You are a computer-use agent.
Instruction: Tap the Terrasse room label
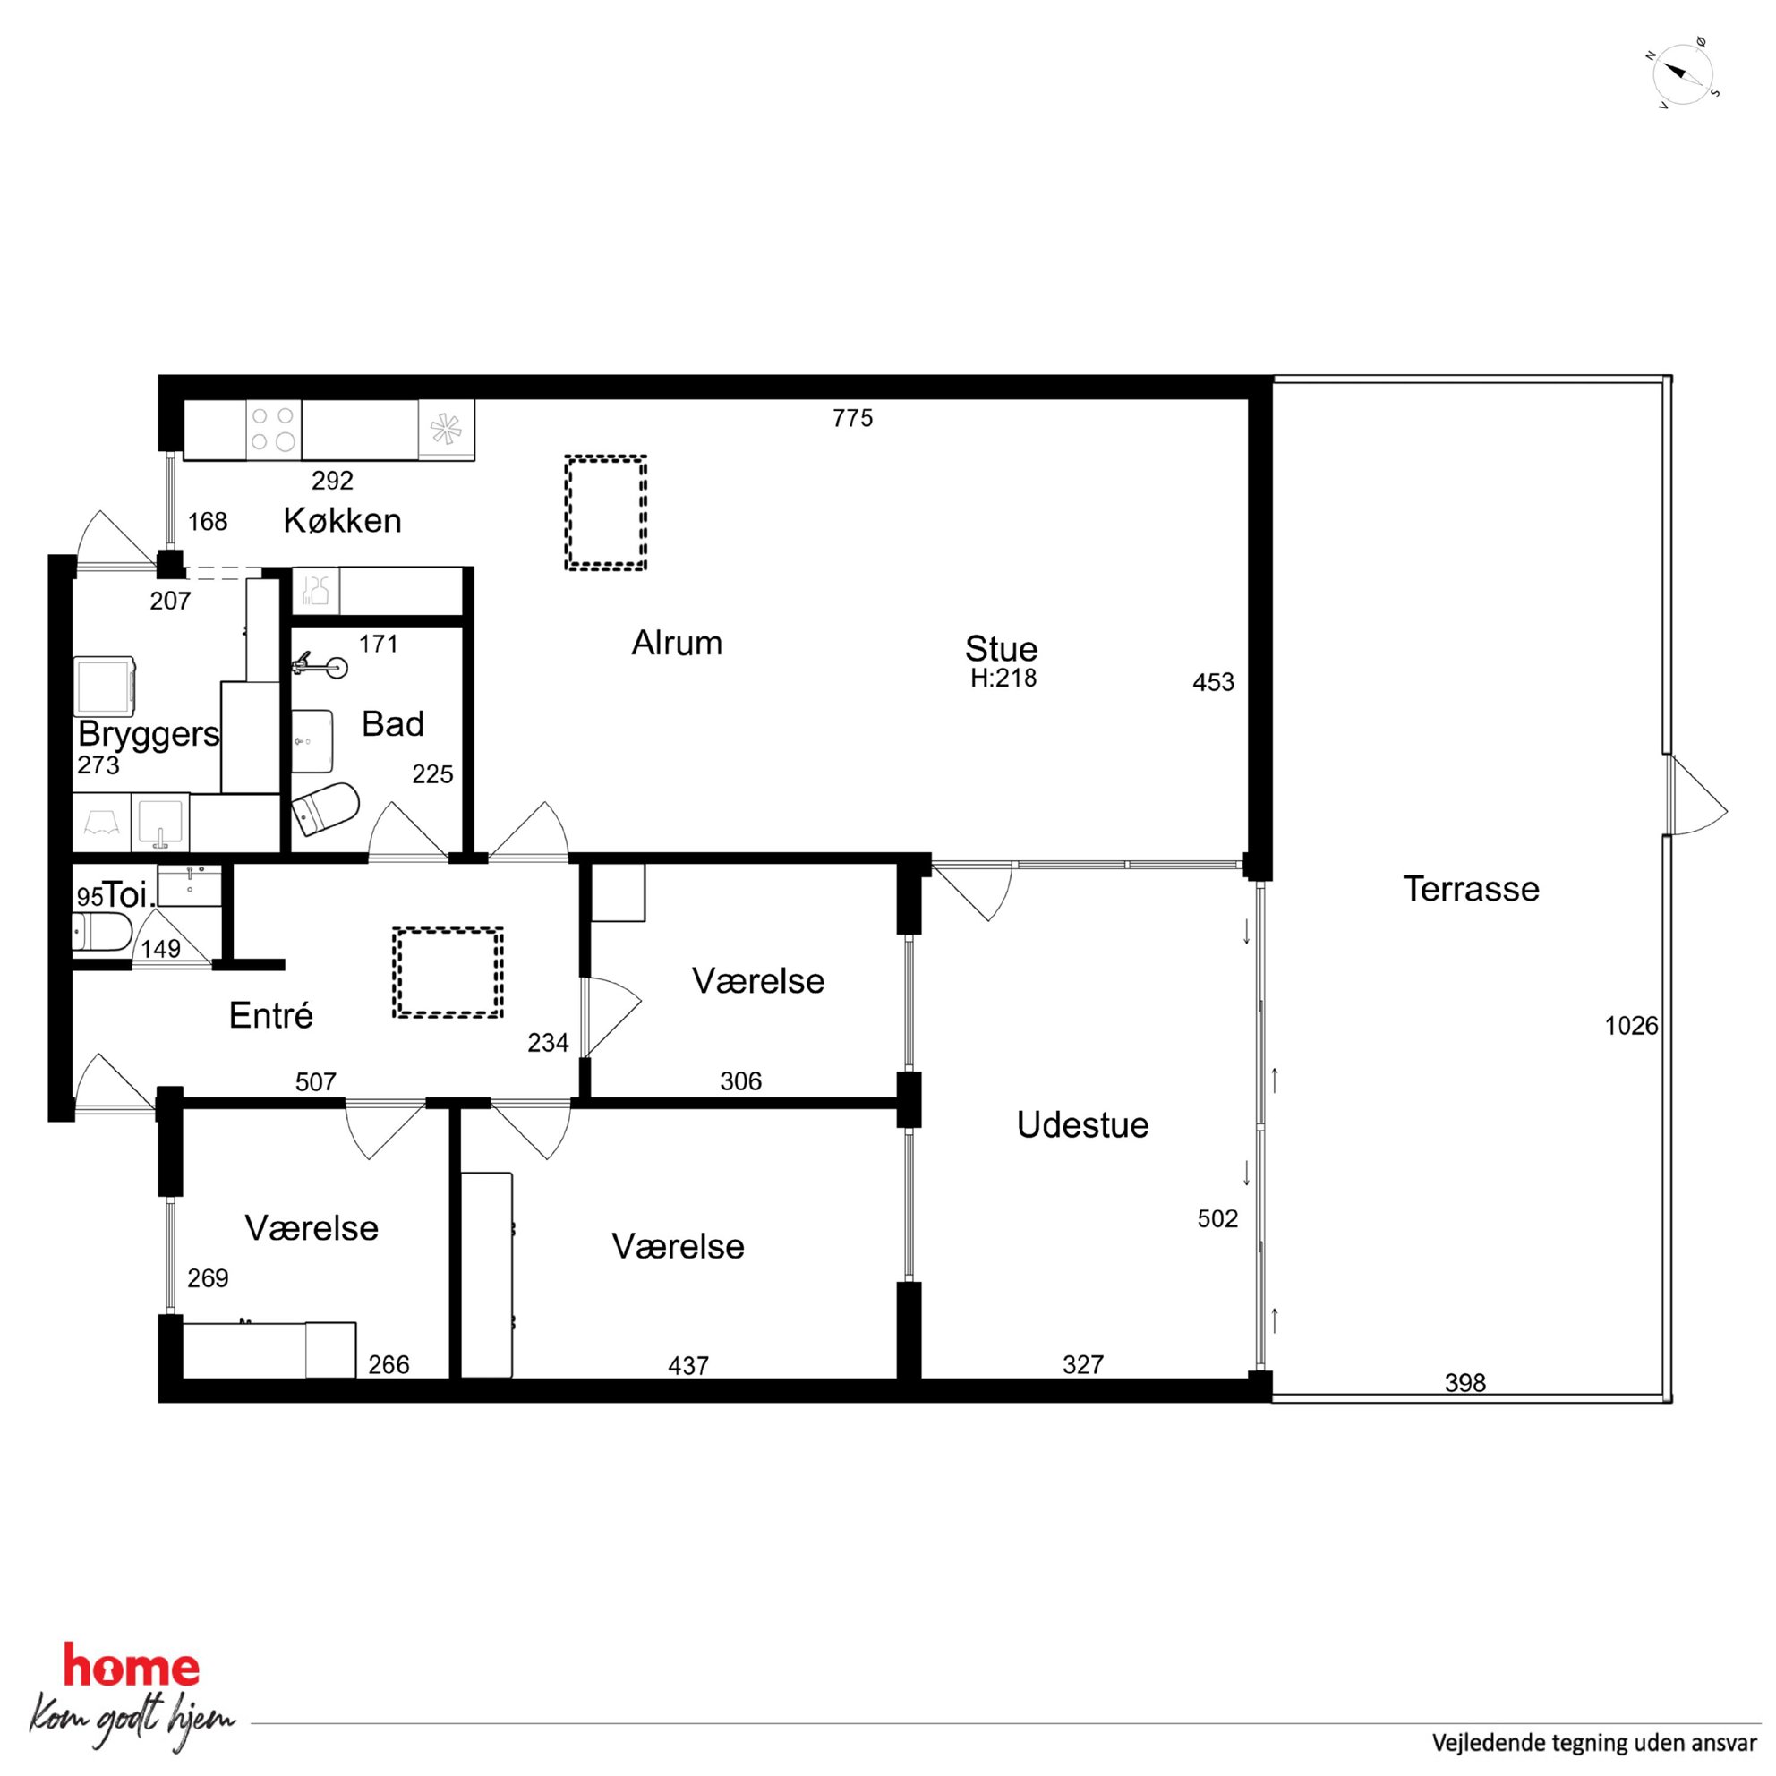(x=1470, y=889)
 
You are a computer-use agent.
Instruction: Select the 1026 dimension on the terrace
(x=1631, y=1025)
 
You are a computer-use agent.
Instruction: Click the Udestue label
(x=1082, y=1125)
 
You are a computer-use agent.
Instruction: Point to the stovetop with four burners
(x=274, y=430)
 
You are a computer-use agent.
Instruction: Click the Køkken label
(x=342, y=520)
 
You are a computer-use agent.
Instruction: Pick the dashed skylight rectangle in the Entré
(x=448, y=971)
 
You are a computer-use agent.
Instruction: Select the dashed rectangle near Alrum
(x=605, y=513)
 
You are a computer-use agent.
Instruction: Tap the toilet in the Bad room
(x=326, y=808)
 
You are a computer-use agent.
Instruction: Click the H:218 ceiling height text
(x=1003, y=679)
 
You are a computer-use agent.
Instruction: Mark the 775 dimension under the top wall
(x=852, y=418)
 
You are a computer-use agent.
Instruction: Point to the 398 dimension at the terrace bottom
(x=1464, y=1382)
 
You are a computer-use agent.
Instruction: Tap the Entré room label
(x=270, y=1016)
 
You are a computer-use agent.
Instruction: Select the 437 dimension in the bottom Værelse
(x=687, y=1366)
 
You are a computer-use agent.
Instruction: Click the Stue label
(x=1001, y=649)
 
